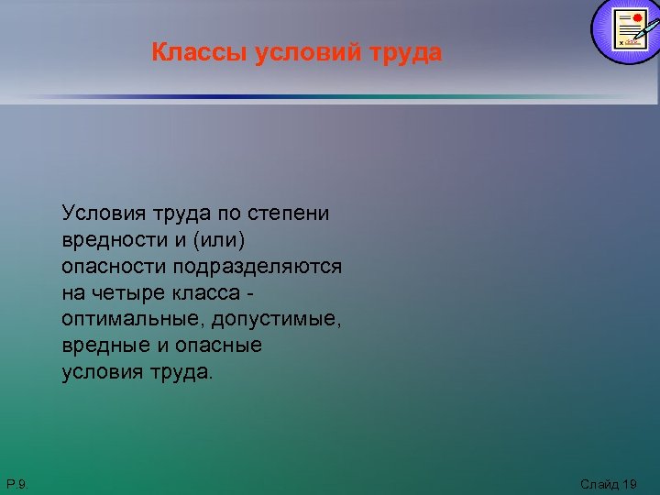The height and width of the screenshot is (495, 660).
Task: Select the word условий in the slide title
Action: [295, 53]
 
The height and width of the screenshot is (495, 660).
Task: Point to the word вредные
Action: [102, 346]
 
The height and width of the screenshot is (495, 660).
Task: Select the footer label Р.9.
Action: [16, 483]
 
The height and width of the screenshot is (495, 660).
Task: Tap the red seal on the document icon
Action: [637, 17]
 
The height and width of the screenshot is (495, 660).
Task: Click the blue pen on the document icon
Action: [646, 34]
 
